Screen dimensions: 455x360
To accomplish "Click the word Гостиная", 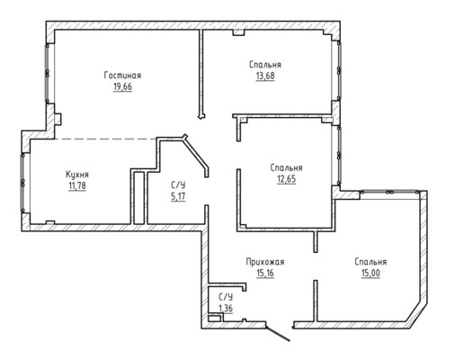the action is click(122, 76).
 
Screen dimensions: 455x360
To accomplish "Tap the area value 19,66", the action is click(122, 87).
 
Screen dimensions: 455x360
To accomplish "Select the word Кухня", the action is click(77, 175).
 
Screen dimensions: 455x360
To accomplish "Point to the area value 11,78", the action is click(77, 186).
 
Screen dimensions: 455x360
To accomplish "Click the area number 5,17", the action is click(178, 197).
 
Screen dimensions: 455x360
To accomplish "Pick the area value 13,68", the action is click(265, 76).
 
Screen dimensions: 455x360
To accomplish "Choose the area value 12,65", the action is click(286, 179).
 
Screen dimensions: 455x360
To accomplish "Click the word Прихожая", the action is click(265, 262).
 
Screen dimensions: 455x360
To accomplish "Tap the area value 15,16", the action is click(265, 274).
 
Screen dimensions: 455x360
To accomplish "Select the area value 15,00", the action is click(370, 274).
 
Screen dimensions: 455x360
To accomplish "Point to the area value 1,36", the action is click(226, 308).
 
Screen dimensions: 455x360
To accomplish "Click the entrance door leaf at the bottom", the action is click(278, 334).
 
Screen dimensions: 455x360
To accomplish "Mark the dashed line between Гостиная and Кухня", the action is click(105, 139).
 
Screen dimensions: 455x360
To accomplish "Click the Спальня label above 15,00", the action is click(370, 262).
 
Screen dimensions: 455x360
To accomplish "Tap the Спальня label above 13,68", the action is click(265, 65).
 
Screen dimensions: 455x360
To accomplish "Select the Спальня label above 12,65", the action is click(286, 167).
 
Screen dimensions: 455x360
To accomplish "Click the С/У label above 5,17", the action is click(178, 184).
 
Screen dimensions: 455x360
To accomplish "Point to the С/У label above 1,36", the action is click(226, 297).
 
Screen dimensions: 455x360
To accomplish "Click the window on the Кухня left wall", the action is click(22, 183).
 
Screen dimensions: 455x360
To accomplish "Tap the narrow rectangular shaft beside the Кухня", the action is click(138, 198).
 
